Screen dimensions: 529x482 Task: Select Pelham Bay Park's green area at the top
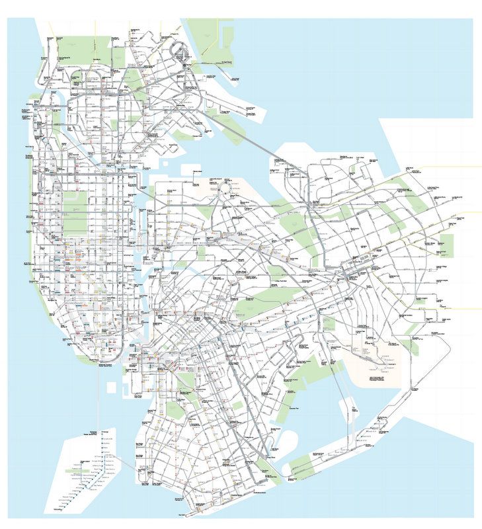tap(205, 33)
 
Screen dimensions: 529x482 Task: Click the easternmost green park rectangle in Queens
tap(447, 245)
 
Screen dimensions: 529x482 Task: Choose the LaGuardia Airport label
tap(218, 180)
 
